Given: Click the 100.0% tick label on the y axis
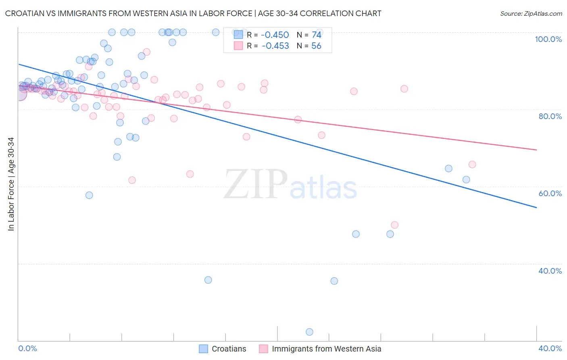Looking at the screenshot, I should coord(548,39).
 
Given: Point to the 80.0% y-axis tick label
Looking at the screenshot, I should coord(550,116).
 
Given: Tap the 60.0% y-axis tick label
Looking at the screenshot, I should coord(550,193).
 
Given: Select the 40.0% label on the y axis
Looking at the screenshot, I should coord(550,271).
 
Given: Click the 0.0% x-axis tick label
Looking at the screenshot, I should coord(27,348).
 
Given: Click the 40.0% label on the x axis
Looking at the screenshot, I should coord(550,348).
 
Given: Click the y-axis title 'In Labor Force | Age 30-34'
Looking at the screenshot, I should coord(11,184).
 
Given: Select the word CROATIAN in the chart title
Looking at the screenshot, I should coord(25,13).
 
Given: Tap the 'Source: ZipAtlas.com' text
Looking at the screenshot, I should coord(531,13).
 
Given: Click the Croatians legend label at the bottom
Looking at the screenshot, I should coord(229,349).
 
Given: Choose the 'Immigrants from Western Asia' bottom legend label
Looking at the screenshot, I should coord(326,349).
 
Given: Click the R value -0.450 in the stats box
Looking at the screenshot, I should coord(275,35).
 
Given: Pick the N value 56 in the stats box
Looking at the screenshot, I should coord(316,46).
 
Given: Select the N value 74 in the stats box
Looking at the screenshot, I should coord(316,35).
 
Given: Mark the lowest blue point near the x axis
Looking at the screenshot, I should coord(309,332).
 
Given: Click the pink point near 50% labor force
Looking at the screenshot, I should coord(394,225).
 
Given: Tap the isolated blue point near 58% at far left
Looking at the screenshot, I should coord(89,195).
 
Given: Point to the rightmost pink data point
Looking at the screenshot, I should coord(472,164).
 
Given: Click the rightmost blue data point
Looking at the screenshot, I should coord(466,180).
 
